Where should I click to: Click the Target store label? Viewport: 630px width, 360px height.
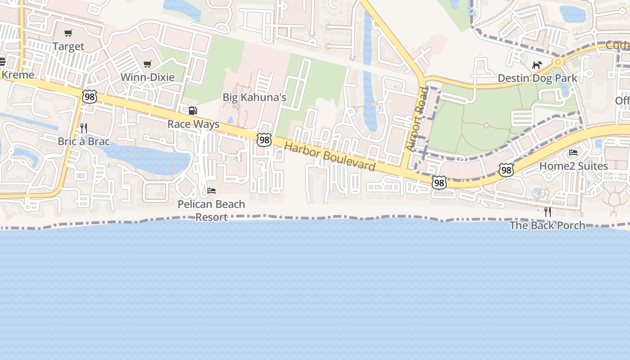[68, 46]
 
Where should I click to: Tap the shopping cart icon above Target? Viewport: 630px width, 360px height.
[68, 33]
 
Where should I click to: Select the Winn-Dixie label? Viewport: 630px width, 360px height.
[147, 77]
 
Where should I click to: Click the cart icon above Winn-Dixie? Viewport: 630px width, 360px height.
[147, 64]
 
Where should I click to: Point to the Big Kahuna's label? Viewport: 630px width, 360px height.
[254, 97]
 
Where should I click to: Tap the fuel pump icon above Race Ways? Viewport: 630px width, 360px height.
[193, 111]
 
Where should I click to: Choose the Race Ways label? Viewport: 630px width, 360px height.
[193, 124]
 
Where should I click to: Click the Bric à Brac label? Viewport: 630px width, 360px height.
[84, 141]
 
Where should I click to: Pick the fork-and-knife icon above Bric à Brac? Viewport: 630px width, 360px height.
[83, 128]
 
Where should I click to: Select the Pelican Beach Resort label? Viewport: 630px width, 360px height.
[211, 210]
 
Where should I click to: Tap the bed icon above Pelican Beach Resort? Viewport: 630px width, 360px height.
[211, 191]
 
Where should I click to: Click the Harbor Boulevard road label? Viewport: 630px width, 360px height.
[330, 157]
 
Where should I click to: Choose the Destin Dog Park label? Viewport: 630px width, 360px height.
[537, 78]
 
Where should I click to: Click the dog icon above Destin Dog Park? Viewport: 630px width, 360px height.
[536, 65]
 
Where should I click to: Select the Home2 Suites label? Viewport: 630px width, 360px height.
[573, 166]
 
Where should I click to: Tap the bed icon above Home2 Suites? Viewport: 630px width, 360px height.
[573, 153]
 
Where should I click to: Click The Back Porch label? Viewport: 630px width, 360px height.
[547, 225]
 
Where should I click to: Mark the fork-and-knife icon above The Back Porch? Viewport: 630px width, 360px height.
[547, 212]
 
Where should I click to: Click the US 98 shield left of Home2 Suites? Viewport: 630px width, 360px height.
[506, 170]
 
